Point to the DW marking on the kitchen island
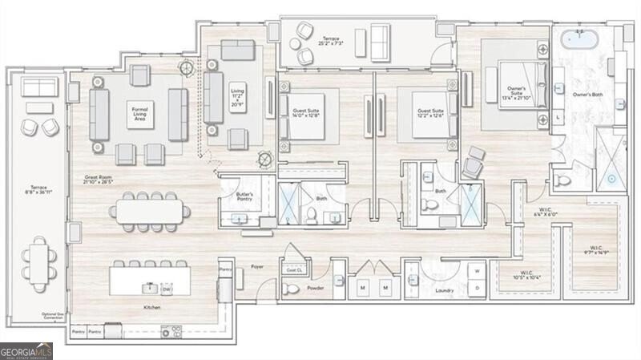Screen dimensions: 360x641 pos(166,287)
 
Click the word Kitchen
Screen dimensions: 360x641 pos(151,308)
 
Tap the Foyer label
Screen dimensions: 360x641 pos(257,266)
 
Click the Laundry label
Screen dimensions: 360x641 pos(445,290)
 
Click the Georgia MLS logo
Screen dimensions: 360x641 pos(26,350)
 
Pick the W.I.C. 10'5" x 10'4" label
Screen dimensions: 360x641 pos(527,275)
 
